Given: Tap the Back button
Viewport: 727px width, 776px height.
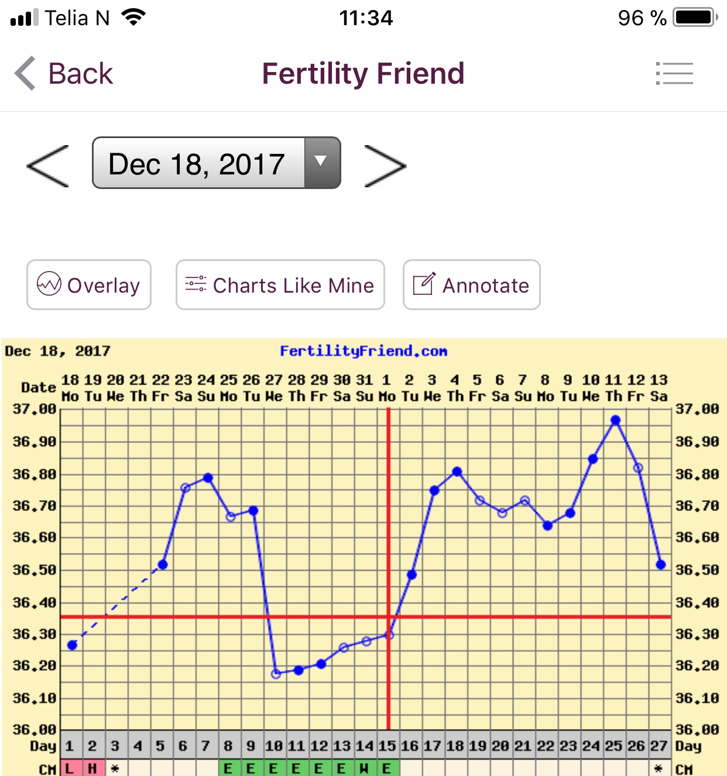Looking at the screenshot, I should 64,74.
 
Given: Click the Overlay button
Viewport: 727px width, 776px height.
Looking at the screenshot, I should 89,285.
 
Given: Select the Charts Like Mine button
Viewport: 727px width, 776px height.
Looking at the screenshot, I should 280,285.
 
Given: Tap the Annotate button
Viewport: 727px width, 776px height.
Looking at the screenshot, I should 471,285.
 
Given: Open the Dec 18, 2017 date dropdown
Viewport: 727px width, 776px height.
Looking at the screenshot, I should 216,163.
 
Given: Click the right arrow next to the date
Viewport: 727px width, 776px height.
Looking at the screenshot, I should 385,166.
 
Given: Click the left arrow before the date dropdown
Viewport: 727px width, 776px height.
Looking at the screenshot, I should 48,166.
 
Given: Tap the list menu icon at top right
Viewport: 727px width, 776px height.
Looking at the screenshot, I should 674,74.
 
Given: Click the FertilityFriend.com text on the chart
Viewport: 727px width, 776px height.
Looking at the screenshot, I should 363,351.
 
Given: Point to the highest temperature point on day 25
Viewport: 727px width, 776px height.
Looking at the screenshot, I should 615,420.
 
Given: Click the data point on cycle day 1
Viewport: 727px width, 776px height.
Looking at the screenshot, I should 72,645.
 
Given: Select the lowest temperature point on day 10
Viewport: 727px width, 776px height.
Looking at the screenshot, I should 276,674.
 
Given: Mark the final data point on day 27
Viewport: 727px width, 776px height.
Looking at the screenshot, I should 661,565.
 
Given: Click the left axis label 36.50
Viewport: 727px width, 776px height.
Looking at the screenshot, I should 34,570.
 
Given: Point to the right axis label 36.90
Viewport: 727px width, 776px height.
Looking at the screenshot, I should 697,442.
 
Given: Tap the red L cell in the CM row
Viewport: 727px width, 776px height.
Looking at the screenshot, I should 70,768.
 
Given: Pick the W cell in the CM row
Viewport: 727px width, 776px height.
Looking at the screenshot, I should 364,768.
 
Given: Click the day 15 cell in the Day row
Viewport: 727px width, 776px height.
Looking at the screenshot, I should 386,746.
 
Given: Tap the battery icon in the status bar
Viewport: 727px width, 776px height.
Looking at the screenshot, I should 695,18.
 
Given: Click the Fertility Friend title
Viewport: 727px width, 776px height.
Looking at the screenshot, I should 363,74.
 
